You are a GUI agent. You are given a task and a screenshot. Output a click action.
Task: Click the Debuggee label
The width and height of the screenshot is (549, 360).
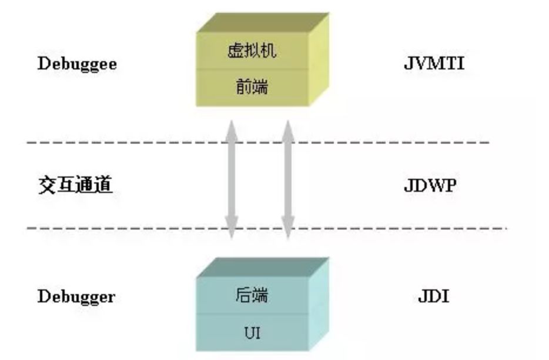point(77,64)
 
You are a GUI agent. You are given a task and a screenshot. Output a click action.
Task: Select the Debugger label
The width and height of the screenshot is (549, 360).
point(76,296)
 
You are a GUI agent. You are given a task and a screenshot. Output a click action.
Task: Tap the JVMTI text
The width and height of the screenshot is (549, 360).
point(434,63)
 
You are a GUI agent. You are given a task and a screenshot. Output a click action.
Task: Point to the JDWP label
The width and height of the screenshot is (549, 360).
point(430,186)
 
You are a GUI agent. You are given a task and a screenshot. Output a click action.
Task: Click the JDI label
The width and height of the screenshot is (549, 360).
point(433,296)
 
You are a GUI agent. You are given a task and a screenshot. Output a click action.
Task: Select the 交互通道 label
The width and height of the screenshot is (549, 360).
point(75,186)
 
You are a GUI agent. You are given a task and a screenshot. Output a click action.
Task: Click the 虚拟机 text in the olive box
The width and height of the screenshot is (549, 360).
point(252,51)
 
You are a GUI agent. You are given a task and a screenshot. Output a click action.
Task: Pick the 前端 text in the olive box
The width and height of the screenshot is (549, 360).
point(252,88)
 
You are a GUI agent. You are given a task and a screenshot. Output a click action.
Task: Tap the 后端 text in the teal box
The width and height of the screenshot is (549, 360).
point(252,295)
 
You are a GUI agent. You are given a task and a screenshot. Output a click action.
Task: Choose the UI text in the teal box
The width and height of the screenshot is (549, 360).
point(252,334)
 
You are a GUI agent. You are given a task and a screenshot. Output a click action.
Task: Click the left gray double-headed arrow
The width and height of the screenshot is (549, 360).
point(232,179)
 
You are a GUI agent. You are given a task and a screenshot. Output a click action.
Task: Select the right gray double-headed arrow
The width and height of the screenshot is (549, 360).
point(287,179)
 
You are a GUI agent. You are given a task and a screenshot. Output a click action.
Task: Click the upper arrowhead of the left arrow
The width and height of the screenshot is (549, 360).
point(232,128)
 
